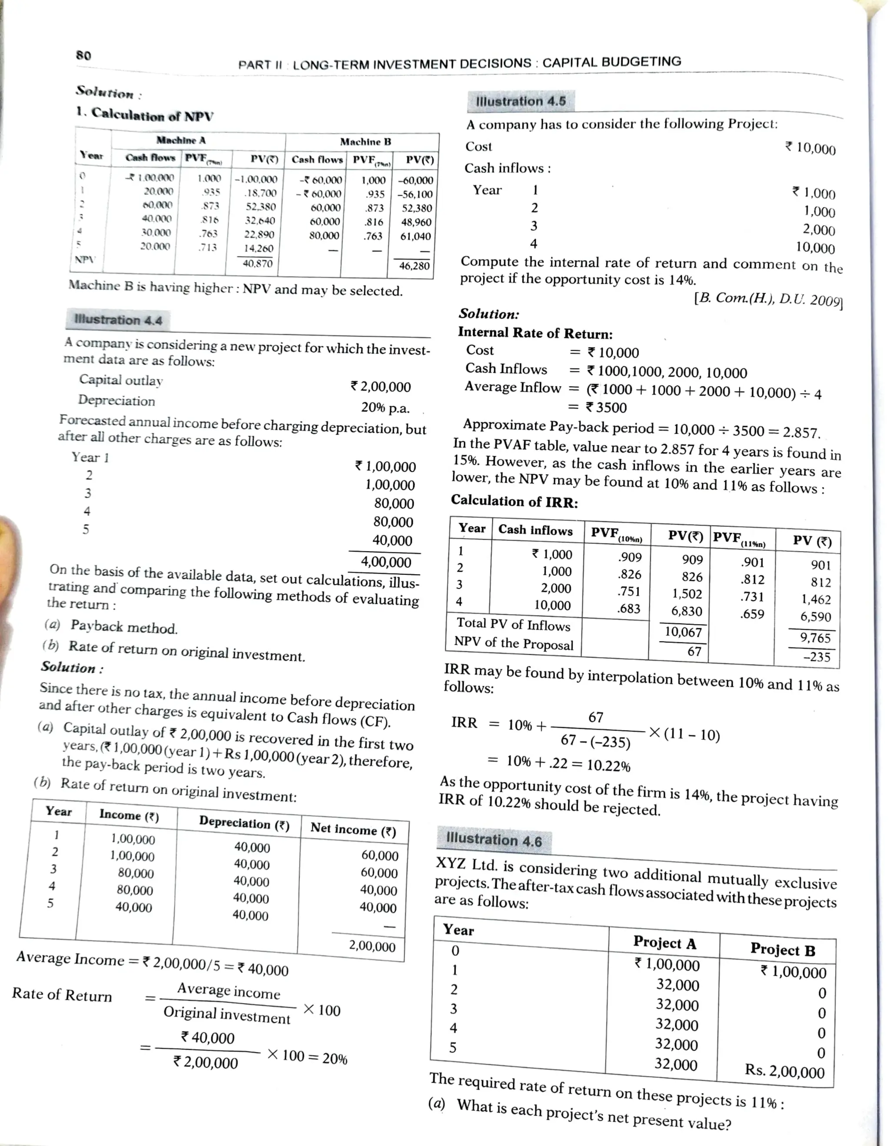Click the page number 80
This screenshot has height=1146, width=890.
tap(83, 55)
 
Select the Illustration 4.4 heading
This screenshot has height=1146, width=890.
tap(118, 320)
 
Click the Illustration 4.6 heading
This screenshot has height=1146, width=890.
tap(493, 840)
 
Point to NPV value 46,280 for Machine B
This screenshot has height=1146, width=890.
tap(414, 266)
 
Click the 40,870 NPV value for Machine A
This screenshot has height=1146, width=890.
tap(257, 263)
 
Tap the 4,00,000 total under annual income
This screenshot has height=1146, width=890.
tap(386, 562)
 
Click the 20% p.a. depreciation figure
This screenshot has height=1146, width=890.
tap(385, 408)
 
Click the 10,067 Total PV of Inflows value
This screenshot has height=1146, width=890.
tap(683, 632)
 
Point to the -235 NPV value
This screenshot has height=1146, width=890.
tap(816, 657)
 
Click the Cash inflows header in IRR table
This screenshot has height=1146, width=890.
tap(535, 530)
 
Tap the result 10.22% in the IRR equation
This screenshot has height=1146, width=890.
tap(608, 765)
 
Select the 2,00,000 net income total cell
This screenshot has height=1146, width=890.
tap(372, 946)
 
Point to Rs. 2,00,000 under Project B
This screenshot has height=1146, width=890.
tap(784, 1071)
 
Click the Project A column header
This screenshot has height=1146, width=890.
tap(664, 943)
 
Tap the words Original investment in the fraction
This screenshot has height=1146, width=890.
tap(227, 1015)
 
